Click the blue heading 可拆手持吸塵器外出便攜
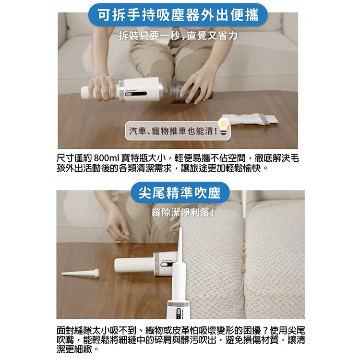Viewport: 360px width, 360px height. coord(178,15)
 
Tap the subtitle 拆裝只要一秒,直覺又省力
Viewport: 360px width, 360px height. coord(178,36)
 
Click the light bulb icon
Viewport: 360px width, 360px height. coord(223,126)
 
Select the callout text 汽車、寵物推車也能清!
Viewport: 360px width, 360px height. coord(173,131)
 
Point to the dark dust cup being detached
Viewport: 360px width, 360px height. coord(191,92)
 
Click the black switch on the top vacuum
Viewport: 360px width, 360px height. coord(136,94)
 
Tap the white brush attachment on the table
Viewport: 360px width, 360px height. coord(250,119)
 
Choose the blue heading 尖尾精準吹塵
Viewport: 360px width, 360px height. coord(180,193)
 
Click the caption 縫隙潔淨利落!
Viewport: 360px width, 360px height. coord(183,213)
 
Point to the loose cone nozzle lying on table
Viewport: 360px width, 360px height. coord(81,273)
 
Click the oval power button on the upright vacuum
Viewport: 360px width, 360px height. coord(179,312)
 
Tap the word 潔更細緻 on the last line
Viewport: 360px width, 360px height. coord(74,349)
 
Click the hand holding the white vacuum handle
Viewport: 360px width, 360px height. coord(102,88)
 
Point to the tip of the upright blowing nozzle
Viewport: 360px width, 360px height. coord(180,228)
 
